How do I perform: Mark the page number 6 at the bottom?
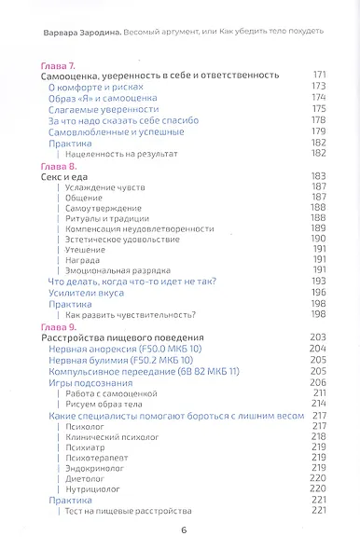click(x=183, y=530)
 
